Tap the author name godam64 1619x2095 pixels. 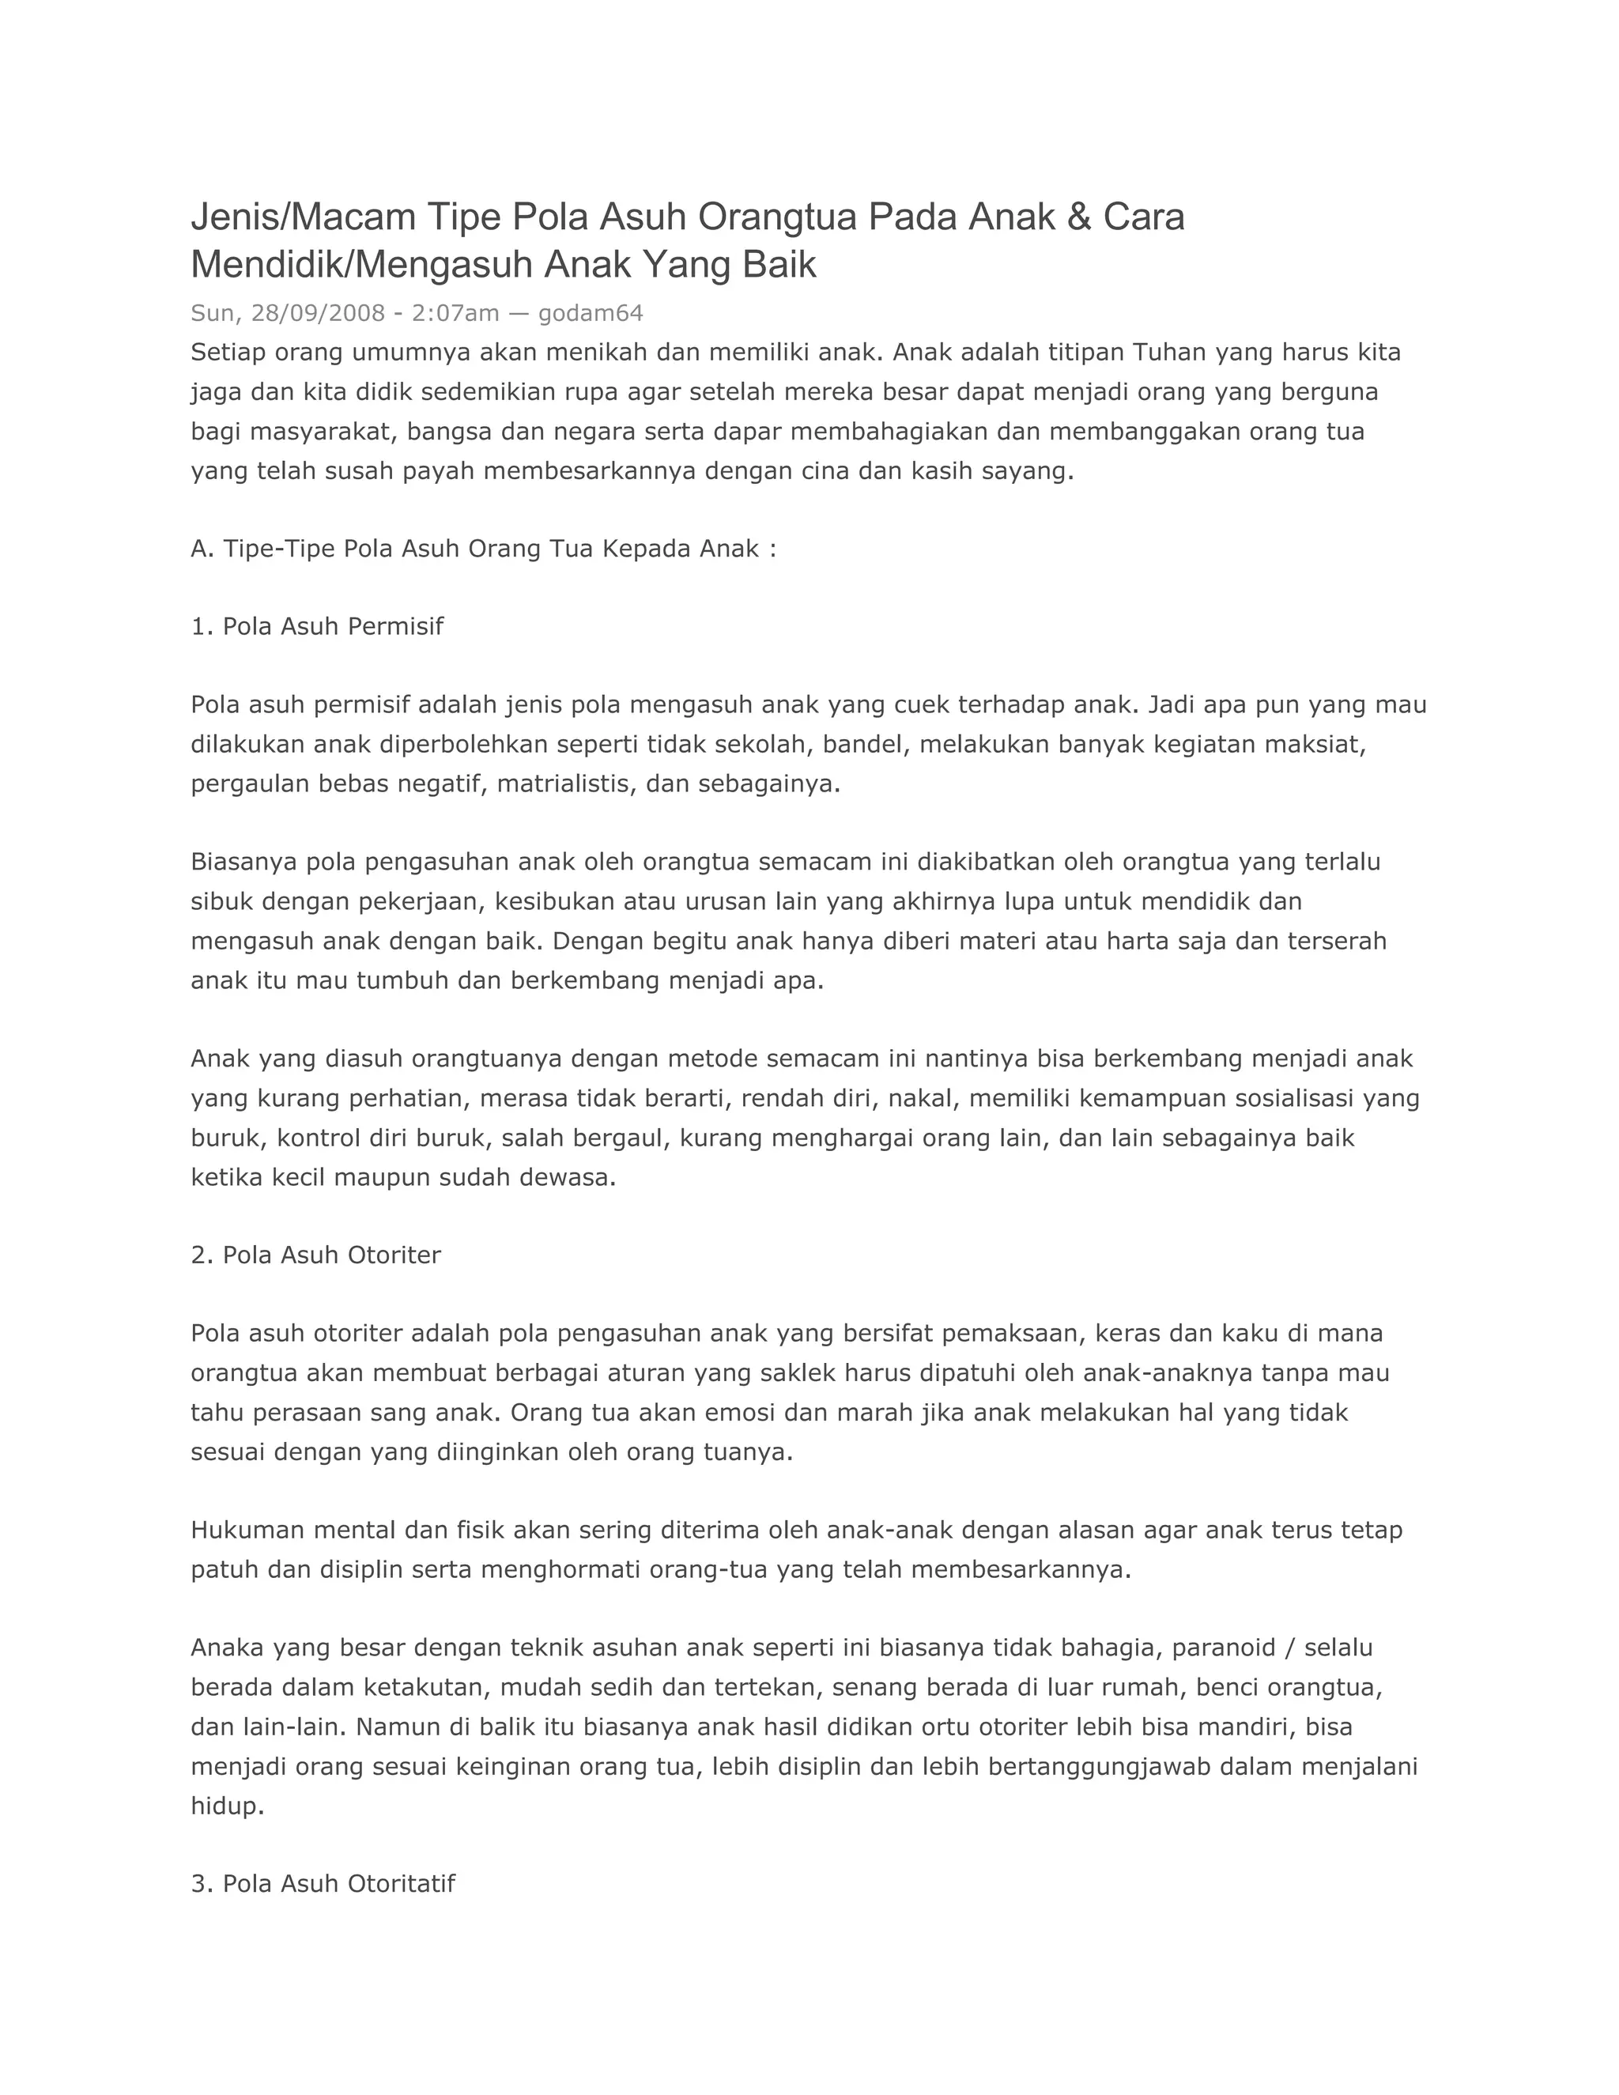point(590,313)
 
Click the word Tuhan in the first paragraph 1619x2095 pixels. point(1170,352)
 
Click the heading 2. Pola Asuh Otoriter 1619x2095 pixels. point(315,1255)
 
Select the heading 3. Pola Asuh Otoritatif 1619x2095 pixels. point(323,1883)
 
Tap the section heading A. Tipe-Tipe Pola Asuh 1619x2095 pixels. point(483,549)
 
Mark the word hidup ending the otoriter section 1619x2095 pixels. point(225,1806)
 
